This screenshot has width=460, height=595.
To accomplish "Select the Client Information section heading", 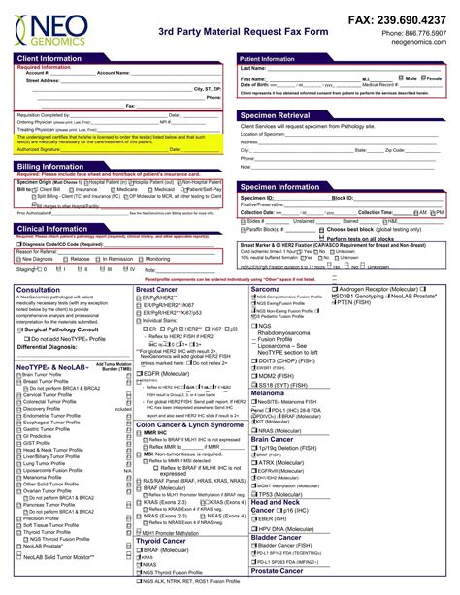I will coord(50,58).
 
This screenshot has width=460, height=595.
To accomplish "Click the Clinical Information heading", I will coord(51,228).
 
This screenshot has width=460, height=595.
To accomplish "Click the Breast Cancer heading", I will coord(156,288).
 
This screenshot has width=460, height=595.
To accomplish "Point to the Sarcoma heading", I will coord(265,288).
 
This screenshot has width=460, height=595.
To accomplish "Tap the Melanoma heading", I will coord(268,392).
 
